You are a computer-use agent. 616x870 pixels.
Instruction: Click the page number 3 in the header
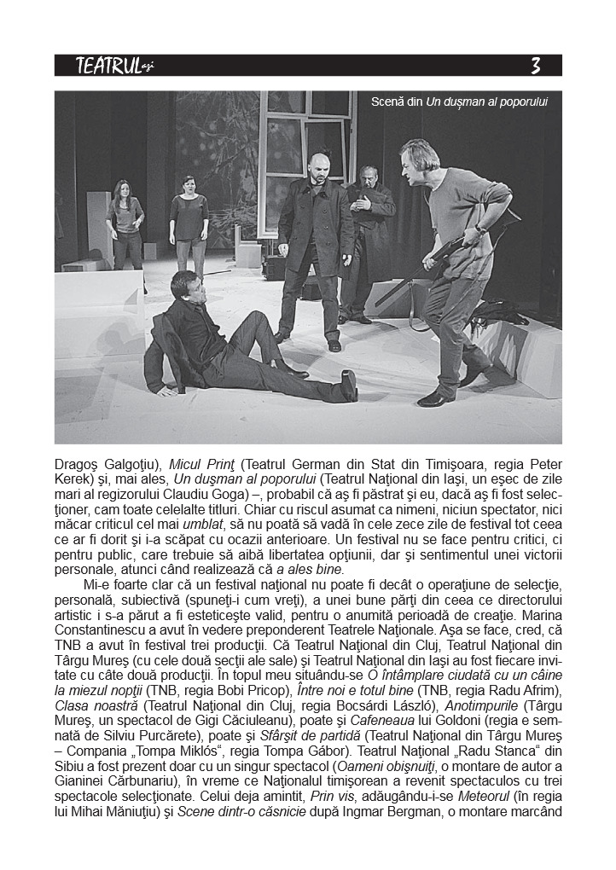(535, 66)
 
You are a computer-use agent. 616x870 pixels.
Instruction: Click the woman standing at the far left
(126, 224)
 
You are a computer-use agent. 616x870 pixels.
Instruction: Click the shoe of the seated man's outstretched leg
(348, 385)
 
